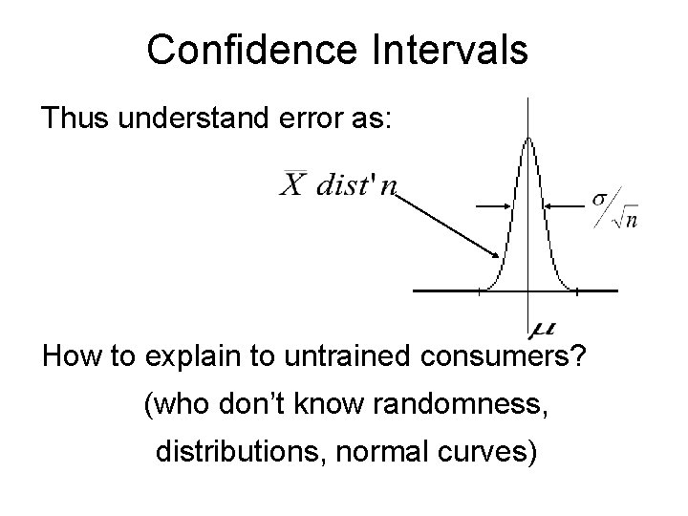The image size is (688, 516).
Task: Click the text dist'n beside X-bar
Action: click(355, 184)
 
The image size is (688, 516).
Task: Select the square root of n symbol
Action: click(625, 219)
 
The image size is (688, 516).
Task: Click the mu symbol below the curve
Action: click(540, 328)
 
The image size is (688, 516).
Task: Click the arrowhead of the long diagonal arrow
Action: click(496, 255)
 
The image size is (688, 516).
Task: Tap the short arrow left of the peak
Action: click(495, 204)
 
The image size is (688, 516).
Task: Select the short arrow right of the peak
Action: click(564, 204)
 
